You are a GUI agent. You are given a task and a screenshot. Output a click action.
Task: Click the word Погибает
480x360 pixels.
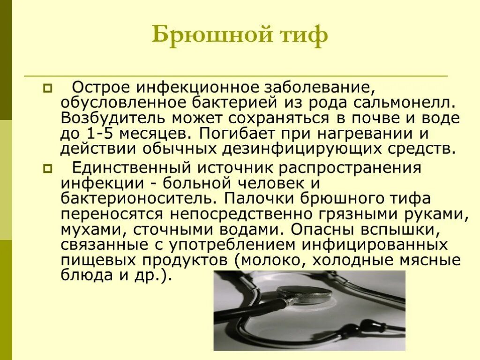coord(237,134)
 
